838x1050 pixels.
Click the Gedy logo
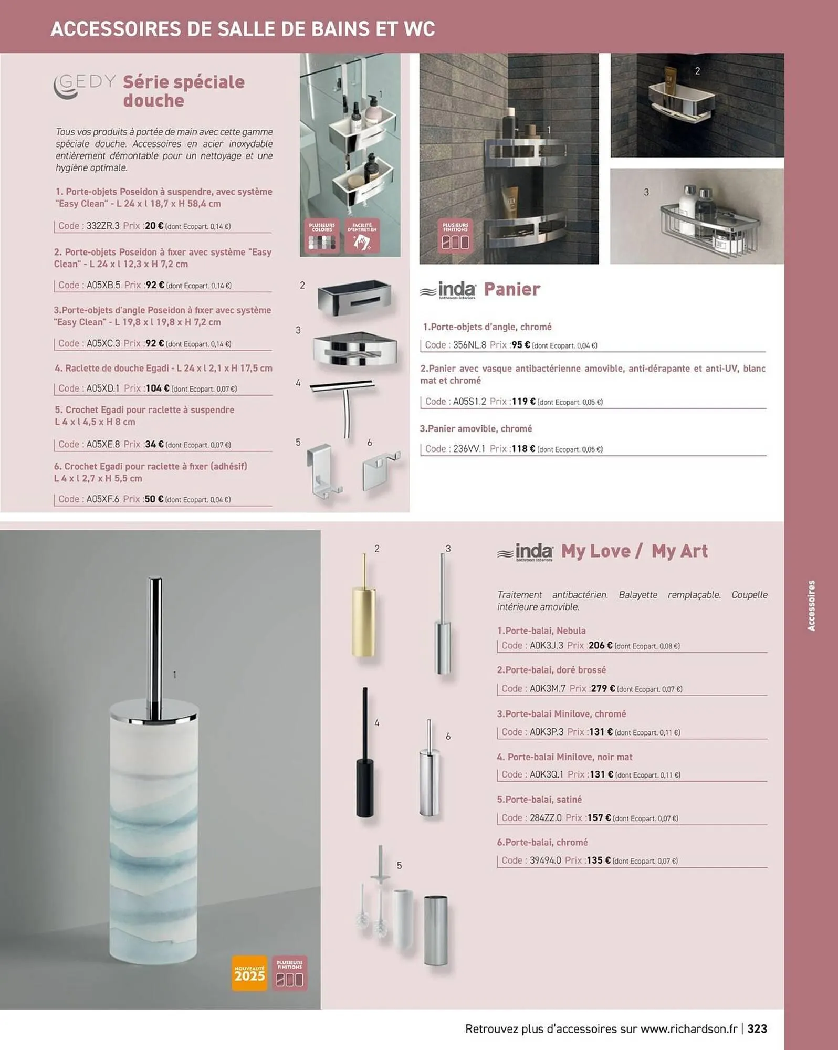[x=84, y=87]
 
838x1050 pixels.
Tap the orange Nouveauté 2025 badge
[x=250, y=973]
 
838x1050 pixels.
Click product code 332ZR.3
[x=103, y=226]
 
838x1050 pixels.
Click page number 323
[x=757, y=1028]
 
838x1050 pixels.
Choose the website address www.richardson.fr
[x=689, y=1028]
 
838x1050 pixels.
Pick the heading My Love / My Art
[x=634, y=551]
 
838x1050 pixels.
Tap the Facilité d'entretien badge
[x=362, y=237]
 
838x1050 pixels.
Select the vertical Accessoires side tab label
[x=811, y=605]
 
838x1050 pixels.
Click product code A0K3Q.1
[x=546, y=774]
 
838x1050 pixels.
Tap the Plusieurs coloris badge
[x=322, y=237]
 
